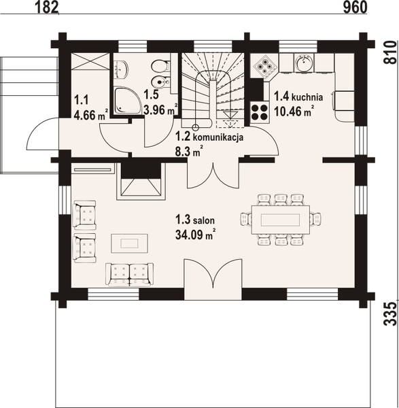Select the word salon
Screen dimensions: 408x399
pyautogui.click(x=204, y=220)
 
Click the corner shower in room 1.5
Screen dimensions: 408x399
pyautogui.click(x=127, y=100)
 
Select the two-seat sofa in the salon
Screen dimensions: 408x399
pyautogui.click(x=129, y=273)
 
